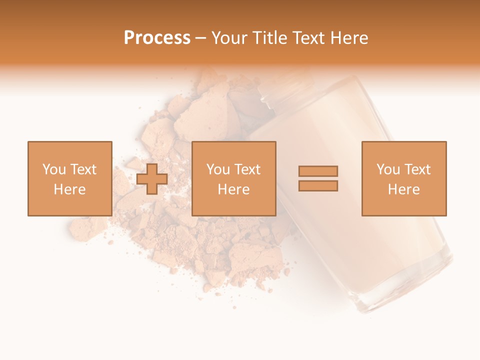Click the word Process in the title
(157, 38)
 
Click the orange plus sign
(152, 179)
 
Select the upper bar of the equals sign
(318, 171)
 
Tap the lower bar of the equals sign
(318, 186)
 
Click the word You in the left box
(54, 169)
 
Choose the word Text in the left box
(83, 169)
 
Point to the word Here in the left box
(69, 189)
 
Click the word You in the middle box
(218, 169)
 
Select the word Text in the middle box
(247, 169)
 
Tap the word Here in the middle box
(233, 189)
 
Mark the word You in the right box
(388, 169)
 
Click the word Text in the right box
(417, 169)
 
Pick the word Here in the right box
(403, 189)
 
